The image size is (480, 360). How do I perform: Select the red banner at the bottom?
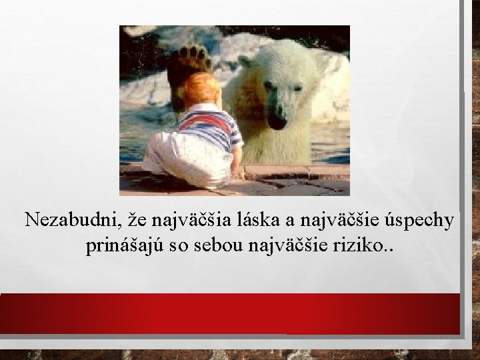point(230,313)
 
